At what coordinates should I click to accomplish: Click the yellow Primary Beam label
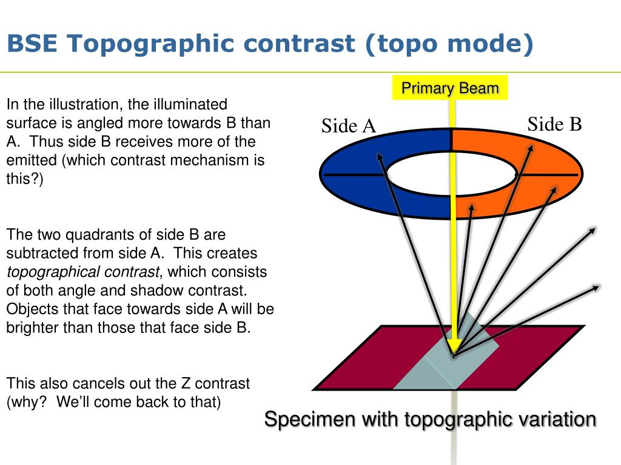450,88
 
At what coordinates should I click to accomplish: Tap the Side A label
349,126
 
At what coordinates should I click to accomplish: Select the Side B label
554,124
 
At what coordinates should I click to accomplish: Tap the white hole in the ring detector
450,174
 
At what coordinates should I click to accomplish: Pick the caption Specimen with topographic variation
430,419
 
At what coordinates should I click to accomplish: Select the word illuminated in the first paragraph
193,104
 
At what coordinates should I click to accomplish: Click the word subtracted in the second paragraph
42,252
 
